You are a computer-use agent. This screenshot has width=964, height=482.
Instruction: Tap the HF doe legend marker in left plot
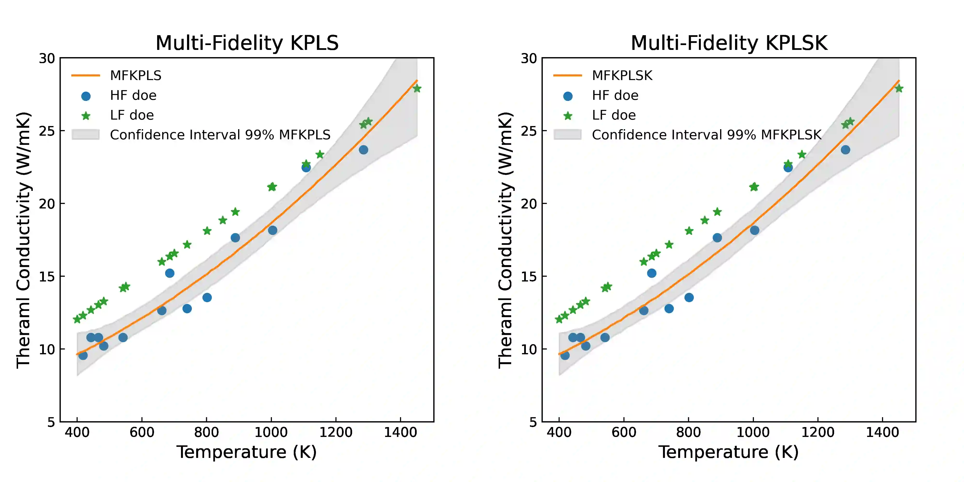[86, 96]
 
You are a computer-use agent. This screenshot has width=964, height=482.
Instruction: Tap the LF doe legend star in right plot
[568, 116]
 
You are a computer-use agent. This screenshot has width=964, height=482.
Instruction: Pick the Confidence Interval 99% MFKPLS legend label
[220, 135]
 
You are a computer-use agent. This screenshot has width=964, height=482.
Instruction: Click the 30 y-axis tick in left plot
[47, 58]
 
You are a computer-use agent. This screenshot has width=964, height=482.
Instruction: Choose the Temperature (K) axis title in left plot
[247, 452]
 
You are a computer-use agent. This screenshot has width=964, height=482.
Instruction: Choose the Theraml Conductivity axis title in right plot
[505, 240]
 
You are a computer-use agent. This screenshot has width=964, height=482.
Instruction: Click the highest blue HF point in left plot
[363, 150]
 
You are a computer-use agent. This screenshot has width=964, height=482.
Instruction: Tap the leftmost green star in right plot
[559, 319]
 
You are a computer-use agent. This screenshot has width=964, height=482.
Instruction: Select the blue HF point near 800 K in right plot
[689, 297]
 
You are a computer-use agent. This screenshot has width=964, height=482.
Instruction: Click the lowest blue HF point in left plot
[83, 355]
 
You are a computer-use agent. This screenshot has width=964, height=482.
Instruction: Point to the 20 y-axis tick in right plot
[529, 204]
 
